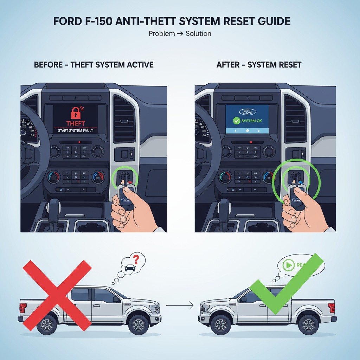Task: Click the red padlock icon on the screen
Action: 76,113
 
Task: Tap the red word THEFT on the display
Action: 76,123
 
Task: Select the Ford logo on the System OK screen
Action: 247,112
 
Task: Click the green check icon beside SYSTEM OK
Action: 236,121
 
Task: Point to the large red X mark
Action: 57,295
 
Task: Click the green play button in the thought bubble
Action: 289,266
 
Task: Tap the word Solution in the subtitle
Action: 198,34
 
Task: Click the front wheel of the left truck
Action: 138,324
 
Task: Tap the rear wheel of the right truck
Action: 308,324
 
